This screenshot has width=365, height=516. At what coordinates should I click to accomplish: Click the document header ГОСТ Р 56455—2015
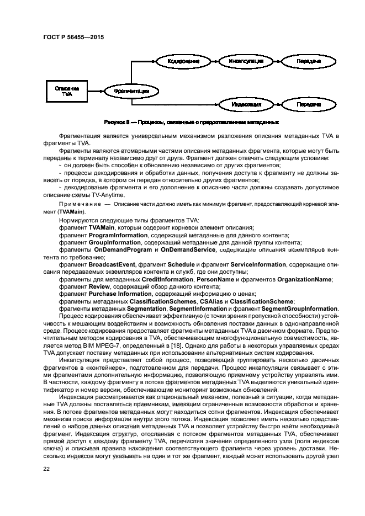click(x=73, y=37)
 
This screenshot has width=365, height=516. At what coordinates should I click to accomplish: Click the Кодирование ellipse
click(x=183, y=61)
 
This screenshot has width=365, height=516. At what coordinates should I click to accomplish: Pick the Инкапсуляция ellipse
click(x=246, y=61)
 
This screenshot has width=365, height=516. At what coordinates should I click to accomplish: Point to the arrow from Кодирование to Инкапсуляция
click(x=213, y=61)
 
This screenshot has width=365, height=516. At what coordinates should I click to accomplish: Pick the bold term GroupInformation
click(x=113, y=242)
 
